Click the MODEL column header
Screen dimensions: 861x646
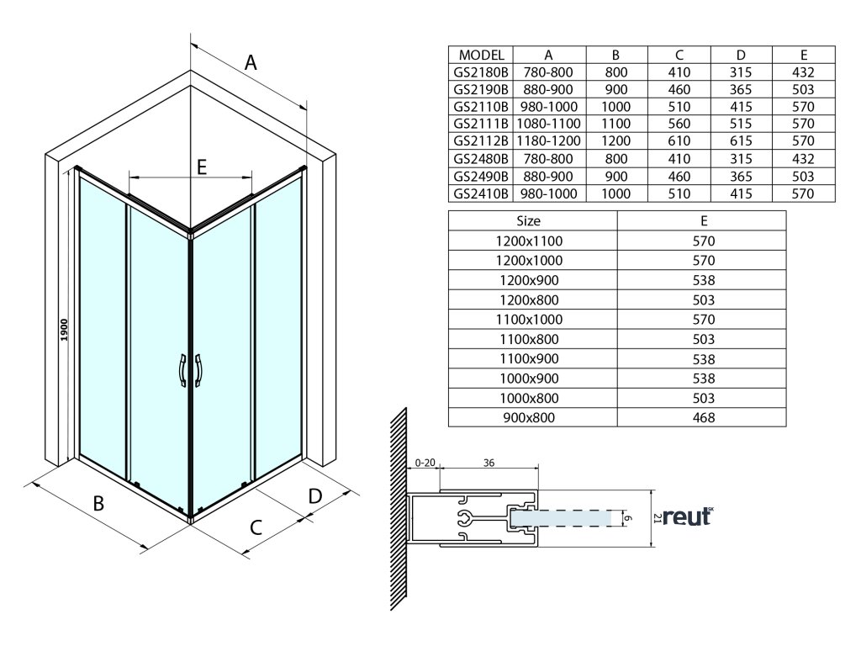(482, 55)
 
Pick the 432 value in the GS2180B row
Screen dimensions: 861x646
(804, 72)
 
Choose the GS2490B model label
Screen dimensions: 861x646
(481, 176)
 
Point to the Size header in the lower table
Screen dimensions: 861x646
(529, 220)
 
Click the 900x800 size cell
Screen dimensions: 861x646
(529, 417)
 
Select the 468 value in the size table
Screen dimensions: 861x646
(704, 417)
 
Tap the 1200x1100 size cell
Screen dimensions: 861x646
(529, 241)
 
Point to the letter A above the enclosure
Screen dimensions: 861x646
(250, 62)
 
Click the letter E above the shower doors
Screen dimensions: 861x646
(202, 167)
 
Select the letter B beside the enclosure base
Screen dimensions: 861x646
(98, 504)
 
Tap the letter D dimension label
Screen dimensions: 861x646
(314, 495)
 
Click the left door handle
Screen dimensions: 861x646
(181, 370)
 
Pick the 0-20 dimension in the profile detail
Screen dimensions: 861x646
(426, 462)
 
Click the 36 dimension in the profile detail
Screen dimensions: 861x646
(489, 462)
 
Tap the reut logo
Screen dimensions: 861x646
(687, 517)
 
